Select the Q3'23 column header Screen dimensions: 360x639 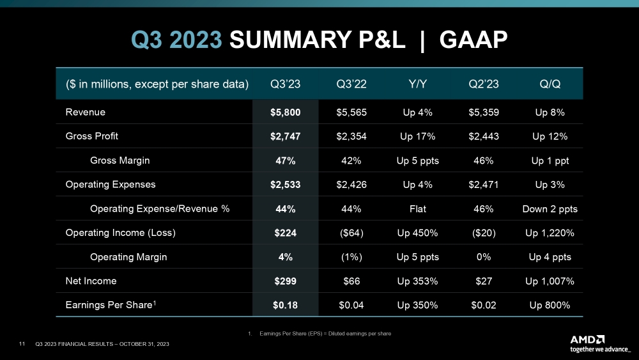[285, 84]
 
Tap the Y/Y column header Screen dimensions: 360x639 [418, 84]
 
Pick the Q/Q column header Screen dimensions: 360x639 [549, 84]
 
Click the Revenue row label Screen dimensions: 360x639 [86, 113]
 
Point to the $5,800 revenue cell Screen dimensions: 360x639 [285, 113]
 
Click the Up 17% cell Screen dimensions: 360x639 [418, 136]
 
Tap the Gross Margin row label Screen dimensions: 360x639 [120, 160]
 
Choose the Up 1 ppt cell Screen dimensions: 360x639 [549, 160]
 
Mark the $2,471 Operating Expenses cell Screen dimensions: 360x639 [484, 185]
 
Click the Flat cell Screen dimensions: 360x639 [418, 208]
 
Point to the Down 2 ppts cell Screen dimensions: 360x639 [549, 208]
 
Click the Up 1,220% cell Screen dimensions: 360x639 [549, 233]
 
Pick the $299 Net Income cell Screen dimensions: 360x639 [285, 281]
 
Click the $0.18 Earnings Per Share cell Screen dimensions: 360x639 [285, 305]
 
